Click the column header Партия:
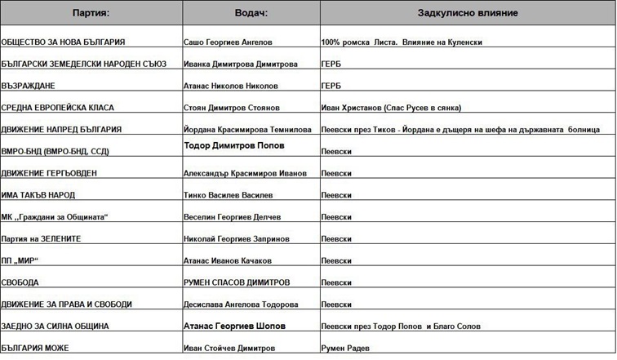(91, 14)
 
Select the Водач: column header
(250, 14)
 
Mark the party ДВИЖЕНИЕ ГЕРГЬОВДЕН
(55, 173)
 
